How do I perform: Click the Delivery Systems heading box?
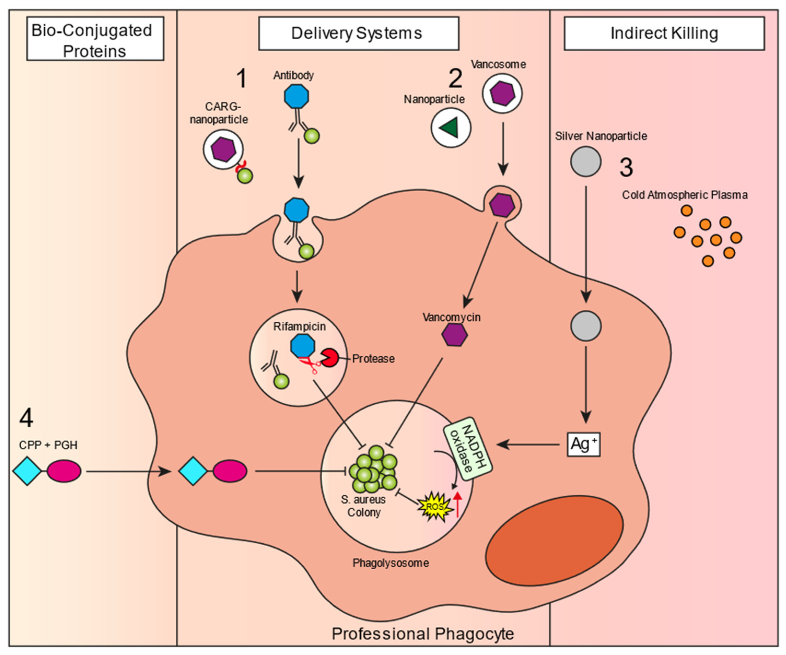click(358, 33)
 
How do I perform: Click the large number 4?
click(26, 418)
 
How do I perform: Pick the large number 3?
click(626, 167)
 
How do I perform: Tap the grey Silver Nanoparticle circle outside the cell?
click(586, 162)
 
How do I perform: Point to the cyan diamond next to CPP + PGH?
click(27, 471)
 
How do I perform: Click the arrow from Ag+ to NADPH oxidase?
click(528, 444)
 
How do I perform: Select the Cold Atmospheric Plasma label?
click(685, 195)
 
